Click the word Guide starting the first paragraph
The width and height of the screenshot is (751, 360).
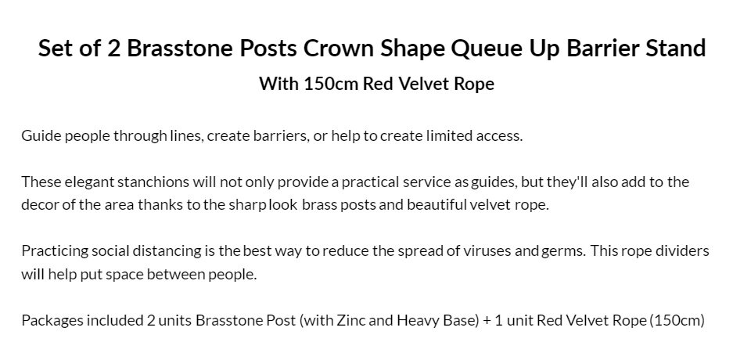[41, 135]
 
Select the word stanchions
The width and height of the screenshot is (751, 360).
[153, 182]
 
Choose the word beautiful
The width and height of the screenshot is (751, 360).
[437, 205]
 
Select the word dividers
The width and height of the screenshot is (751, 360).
[682, 250]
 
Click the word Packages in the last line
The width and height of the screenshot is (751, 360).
[52, 320]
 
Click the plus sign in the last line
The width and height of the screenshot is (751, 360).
[487, 320]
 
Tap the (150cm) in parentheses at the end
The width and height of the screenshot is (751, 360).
[677, 320]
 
